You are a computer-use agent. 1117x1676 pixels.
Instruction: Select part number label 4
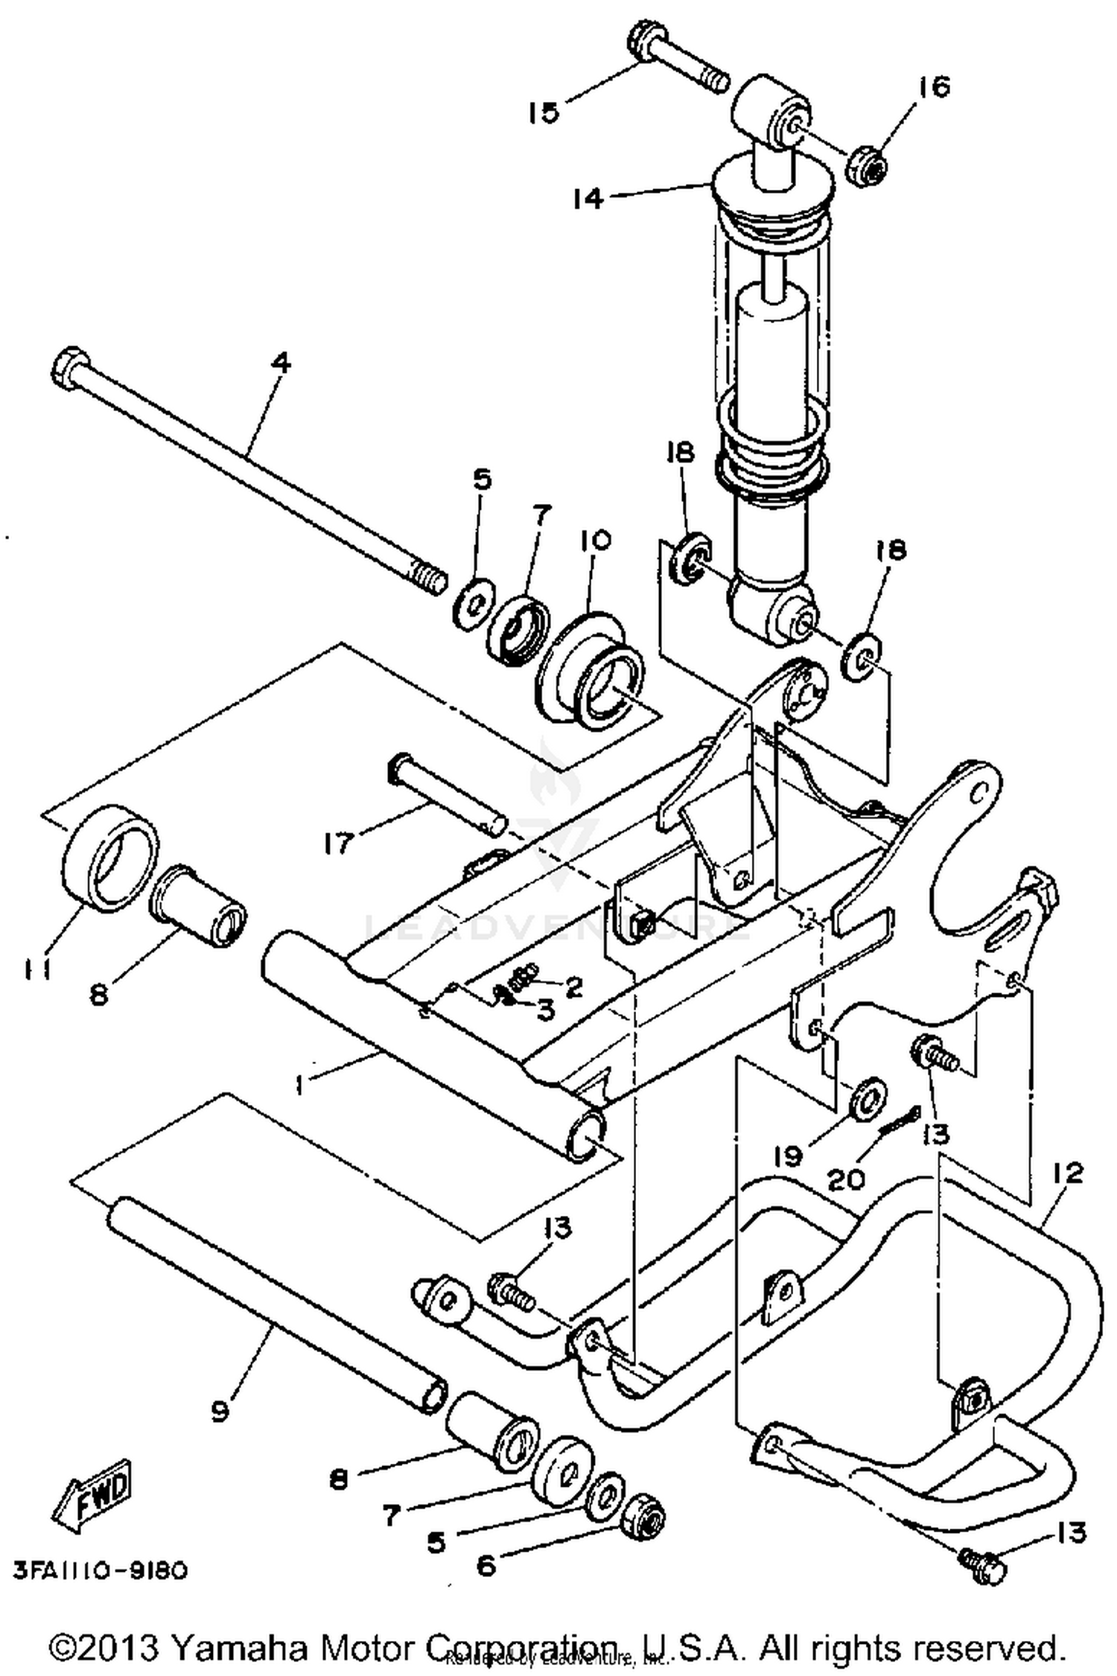click(281, 364)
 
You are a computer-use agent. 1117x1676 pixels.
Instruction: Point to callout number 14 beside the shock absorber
click(588, 198)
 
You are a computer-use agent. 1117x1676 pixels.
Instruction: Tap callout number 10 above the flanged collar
click(591, 540)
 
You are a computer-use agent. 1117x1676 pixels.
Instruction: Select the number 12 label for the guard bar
click(1067, 1174)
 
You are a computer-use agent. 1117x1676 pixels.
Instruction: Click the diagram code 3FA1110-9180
click(100, 1570)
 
